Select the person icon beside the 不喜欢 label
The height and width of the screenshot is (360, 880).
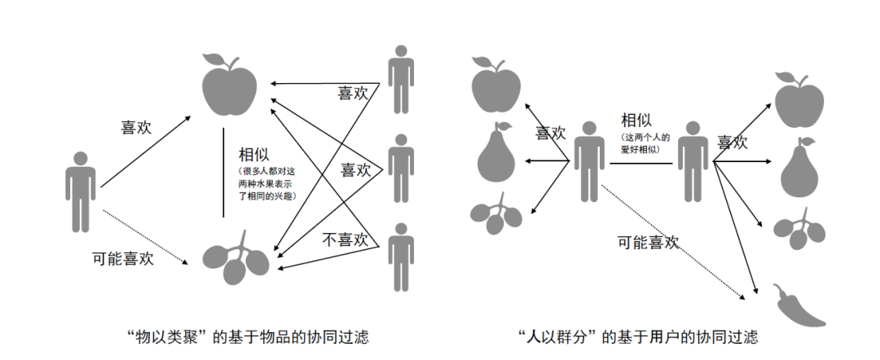400,256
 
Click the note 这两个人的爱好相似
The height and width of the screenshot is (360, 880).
644,143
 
